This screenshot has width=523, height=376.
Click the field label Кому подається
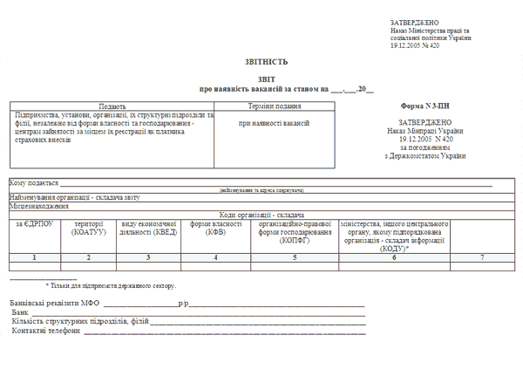click(34, 183)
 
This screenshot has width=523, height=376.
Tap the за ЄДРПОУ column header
click(34, 224)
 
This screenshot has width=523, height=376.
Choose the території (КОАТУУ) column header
click(88, 229)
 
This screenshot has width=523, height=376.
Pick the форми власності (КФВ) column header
click(215, 229)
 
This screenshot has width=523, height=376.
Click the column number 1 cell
click(34, 257)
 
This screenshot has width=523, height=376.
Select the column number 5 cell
click(295, 257)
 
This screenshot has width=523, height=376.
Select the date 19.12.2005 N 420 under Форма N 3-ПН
click(426, 139)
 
